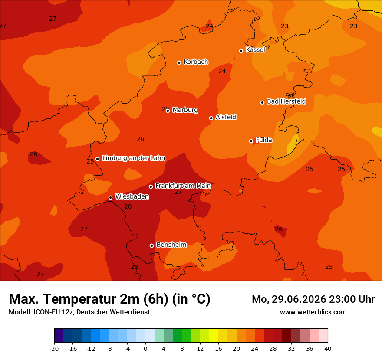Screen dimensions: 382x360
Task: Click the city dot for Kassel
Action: pos(241,51)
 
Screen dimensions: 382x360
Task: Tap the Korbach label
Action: pos(196,62)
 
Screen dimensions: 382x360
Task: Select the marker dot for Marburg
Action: pos(168,111)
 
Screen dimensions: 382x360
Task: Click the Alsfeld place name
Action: pos(226,117)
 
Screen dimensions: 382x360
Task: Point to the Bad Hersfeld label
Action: pos(286,101)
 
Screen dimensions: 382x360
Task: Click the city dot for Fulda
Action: pos(251,141)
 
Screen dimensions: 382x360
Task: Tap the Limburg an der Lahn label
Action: pos(134,158)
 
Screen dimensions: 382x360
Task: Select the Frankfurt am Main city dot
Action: pos(151,187)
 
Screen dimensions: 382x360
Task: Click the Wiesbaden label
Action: pos(132,196)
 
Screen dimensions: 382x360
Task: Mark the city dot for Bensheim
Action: pos(151,245)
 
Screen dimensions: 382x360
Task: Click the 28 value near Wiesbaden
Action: pos(128,206)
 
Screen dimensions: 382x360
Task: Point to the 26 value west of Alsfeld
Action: pos(140,139)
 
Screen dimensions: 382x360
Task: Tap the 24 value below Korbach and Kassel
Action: pos(222,71)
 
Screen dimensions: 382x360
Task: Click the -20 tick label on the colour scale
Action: pos(54,349)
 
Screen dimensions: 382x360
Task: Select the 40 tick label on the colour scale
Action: pos(328,349)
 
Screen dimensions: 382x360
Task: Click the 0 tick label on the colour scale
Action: pos(145,349)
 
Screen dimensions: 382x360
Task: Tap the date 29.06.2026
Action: pos(299,299)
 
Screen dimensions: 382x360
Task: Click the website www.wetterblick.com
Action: pos(313,312)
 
